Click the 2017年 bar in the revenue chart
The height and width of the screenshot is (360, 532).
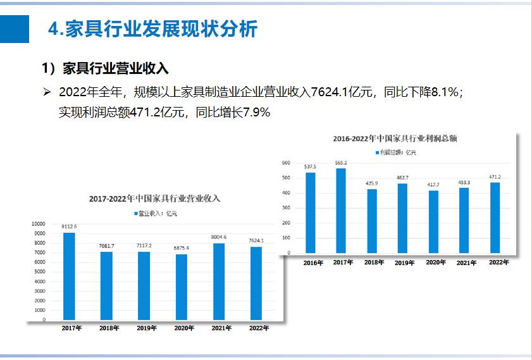69,276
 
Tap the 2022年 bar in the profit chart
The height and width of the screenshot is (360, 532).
495,218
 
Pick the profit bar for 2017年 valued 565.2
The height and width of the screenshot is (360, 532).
341,210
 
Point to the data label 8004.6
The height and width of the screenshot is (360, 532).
219,237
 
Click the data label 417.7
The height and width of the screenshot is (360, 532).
433,185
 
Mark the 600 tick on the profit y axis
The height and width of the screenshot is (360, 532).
286,163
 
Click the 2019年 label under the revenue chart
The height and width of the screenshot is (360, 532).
144,328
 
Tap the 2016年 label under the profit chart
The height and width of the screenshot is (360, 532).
310,263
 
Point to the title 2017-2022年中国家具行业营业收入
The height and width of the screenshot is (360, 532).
154,199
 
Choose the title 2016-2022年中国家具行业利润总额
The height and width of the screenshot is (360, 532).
395,138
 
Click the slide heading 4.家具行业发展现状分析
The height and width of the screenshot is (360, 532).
152,29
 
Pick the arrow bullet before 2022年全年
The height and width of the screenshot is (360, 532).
47,92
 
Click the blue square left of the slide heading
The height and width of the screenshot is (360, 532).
15,30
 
